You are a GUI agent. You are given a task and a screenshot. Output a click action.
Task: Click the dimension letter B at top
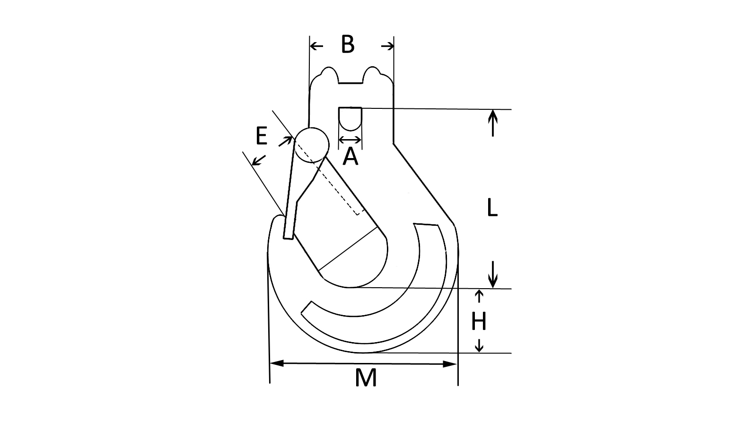[x=348, y=44]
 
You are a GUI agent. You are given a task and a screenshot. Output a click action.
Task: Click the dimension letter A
[x=350, y=157]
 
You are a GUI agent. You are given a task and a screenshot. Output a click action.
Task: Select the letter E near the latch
[x=261, y=136]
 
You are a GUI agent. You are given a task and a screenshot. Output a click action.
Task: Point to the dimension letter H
[x=479, y=322]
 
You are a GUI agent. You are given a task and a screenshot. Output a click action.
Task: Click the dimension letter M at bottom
[x=366, y=378]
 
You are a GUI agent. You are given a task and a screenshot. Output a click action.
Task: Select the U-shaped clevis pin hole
[x=350, y=118]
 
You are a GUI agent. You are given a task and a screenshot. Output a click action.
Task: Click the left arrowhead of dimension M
[x=276, y=363]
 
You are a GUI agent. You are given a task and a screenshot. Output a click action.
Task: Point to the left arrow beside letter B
[x=316, y=46]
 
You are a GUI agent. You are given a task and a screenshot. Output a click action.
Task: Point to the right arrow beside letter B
[x=387, y=46]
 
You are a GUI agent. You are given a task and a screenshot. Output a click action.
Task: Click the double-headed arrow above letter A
[x=350, y=140]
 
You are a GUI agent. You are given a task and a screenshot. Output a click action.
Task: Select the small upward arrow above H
[x=479, y=296]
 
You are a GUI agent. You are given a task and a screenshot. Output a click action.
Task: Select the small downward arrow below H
[x=479, y=345]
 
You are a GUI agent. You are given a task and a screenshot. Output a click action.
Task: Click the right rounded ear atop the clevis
[x=372, y=74]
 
